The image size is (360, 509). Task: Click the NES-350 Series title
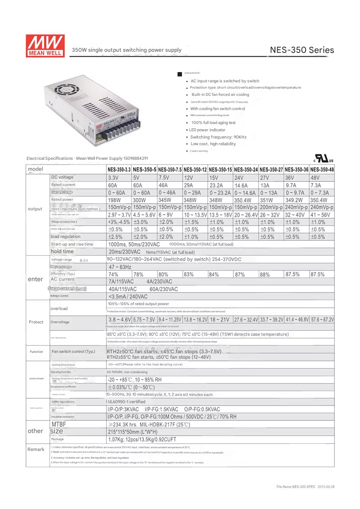pyautogui.click(x=302, y=50)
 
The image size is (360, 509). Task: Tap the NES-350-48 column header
pyautogui.click(x=322, y=170)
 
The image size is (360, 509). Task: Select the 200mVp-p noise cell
pyautogui.click(x=271, y=207)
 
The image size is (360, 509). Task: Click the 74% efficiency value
pyautogui.click(x=113, y=274)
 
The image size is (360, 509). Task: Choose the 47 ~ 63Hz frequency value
pyautogui.click(x=120, y=267)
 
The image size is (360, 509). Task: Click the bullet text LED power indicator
pyautogui.click(x=207, y=130)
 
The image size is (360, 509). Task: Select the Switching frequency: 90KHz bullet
pyautogui.click(x=218, y=137)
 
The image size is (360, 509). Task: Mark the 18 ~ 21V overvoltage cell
pyautogui.click(x=220, y=320)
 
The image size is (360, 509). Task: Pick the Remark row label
pyautogui.click(x=36, y=450)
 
